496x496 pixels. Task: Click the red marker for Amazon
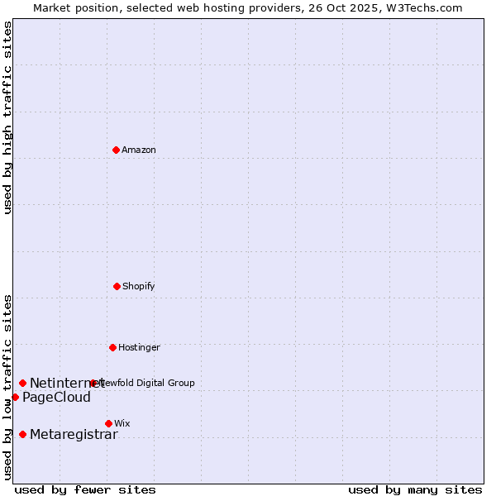point(117,150)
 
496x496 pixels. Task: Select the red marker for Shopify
point(117,286)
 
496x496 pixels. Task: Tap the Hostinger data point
point(112,347)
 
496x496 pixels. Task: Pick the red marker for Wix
point(108,423)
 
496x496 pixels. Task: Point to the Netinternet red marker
point(22,383)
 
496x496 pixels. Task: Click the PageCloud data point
point(15,397)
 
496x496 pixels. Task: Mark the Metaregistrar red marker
point(22,434)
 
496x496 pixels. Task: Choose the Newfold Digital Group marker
point(93,383)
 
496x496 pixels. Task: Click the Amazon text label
point(139,150)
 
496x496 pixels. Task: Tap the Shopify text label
point(139,286)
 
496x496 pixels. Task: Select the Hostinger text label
point(139,347)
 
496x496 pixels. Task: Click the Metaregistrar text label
point(74,435)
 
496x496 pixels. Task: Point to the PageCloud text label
point(56,398)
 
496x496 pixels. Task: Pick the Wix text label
point(122,423)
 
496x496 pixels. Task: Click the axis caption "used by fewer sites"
point(85,489)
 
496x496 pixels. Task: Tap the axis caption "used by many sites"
point(415,489)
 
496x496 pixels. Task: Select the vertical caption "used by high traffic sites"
point(7,117)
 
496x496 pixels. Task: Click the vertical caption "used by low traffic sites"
point(7,387)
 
